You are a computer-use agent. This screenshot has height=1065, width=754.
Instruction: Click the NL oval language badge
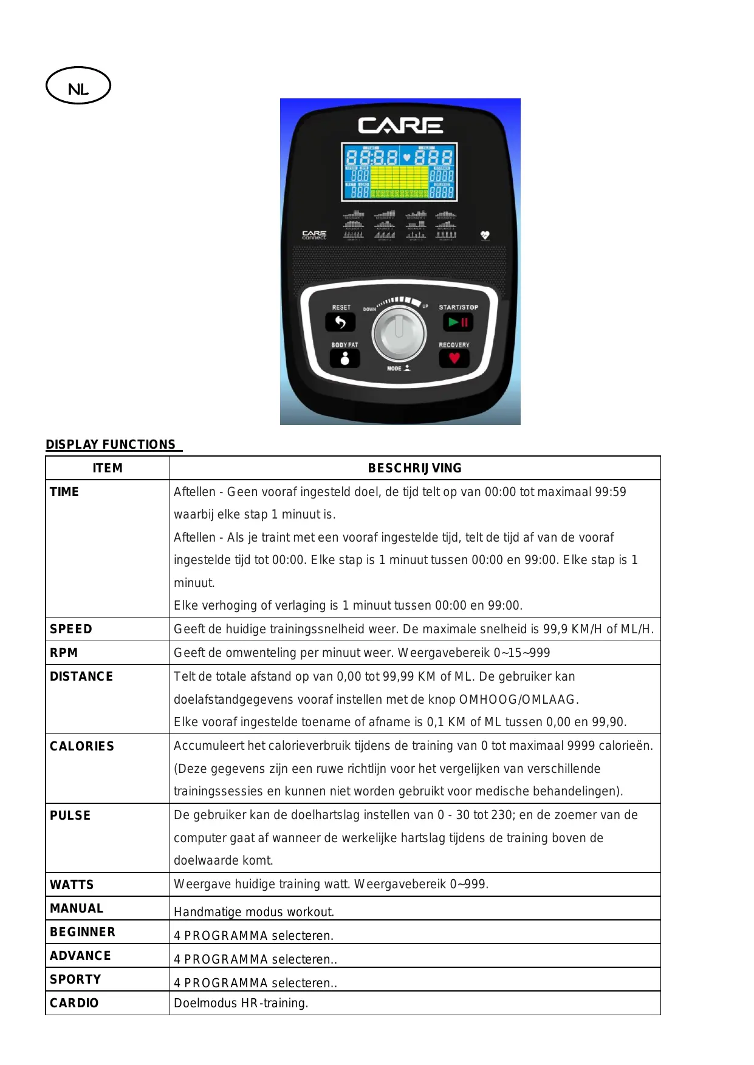[x=78, y=86]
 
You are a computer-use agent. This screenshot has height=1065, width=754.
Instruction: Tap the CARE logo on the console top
[x=400, y=125]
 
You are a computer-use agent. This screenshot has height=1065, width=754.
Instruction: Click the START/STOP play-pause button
[x=458, y=322]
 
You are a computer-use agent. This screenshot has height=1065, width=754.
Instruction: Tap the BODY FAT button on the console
[x=344, y=358]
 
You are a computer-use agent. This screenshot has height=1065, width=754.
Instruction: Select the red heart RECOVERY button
[x=454, y=358]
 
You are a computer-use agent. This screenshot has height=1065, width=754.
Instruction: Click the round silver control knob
[x=399, y=333]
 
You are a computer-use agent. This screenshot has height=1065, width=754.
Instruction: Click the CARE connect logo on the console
[x=314, y=235]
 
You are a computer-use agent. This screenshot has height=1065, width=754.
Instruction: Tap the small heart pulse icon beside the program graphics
[x=485, y=235]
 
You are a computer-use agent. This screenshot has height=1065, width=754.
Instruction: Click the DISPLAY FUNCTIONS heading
[x=111, y=444]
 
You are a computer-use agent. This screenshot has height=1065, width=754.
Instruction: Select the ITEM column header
[x=108, y=468]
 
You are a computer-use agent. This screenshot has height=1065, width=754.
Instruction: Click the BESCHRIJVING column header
[x=415, y=468]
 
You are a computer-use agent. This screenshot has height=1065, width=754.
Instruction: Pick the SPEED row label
[x=71, y=629]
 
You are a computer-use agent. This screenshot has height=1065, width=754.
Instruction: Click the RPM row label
[x=64, y=653]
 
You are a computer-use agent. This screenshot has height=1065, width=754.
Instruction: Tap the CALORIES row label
[x=82, y=746]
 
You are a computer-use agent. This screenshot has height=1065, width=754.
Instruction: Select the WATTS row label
[x=72, y=885]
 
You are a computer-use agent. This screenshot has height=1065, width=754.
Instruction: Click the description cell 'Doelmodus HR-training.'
[x=241, y=1003]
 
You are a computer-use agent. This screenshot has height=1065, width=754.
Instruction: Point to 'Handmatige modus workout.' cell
[x=254, y=912]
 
